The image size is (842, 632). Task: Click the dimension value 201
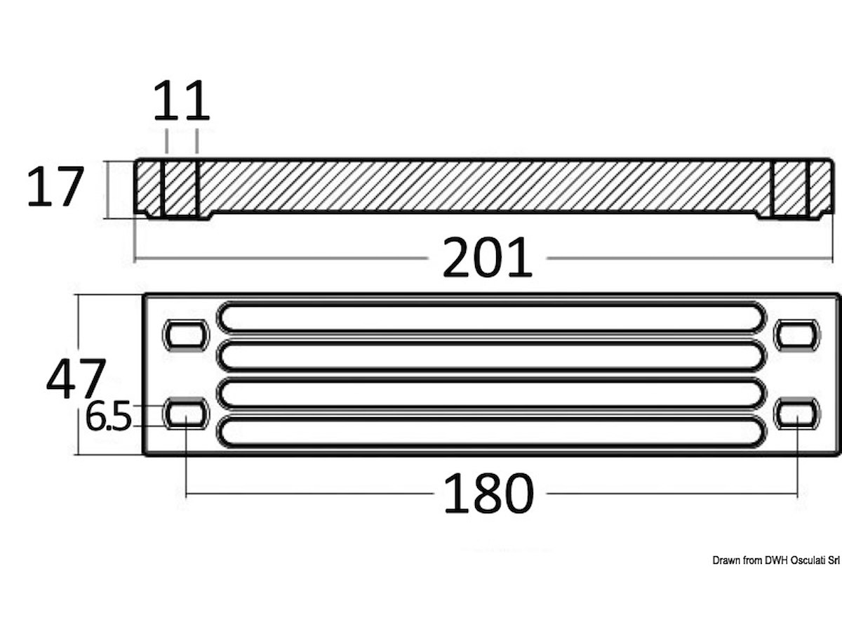point(488,258)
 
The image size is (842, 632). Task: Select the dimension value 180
point(488,493)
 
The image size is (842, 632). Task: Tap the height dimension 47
point(76,378)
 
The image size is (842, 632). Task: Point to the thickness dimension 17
point(55,187)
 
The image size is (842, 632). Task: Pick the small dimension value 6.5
point(109,418)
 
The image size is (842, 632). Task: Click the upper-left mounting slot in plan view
point(186,334)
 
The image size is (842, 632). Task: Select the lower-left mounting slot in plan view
point(186,414)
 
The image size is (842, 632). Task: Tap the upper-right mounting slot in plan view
point(796,334)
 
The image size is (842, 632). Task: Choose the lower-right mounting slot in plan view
point(796,414)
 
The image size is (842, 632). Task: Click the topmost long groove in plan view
point(491,317)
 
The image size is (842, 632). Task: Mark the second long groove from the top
point(491,356)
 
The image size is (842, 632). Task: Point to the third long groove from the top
point(491,394)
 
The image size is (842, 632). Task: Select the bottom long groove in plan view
point(491,432)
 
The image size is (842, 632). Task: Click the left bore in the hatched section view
point(180,189)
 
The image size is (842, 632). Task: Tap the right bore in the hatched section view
point(790,189)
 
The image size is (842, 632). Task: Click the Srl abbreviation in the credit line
point(833,560)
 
